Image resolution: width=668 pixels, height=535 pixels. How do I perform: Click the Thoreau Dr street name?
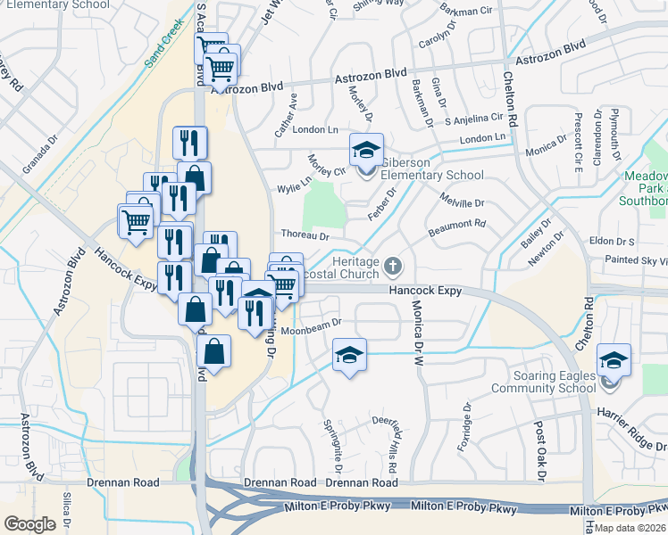coord(305,236)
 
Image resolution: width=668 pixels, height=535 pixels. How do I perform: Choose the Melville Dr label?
coord(462,203)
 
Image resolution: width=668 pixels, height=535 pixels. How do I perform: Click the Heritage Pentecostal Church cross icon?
coord(393,266)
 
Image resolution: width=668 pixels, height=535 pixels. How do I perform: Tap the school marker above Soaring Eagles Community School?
coord(614,360)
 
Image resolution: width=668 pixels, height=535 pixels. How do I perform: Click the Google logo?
coord(30,524)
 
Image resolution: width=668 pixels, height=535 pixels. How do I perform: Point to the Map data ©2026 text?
coord(630,528)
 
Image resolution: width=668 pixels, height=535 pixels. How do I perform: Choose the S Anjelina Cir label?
coord(474,119)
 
